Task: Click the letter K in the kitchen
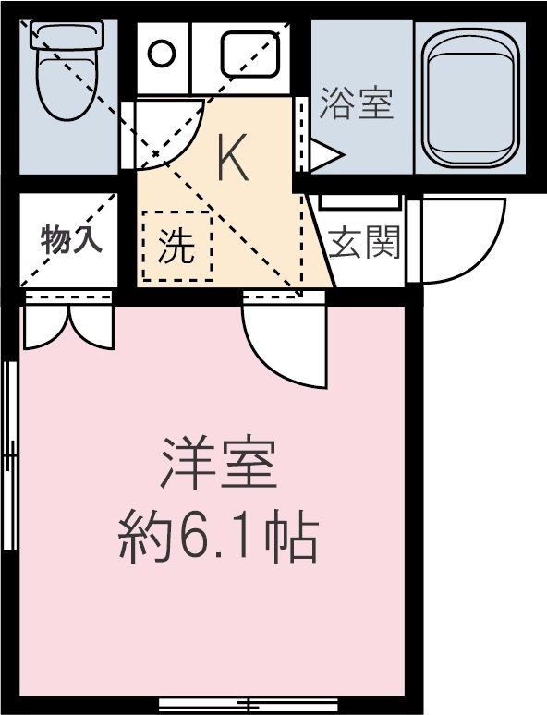232,159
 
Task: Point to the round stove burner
162,53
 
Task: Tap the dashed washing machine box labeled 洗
176,246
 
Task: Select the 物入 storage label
70,240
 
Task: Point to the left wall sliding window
11,453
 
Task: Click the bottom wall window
249,704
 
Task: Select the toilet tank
66,36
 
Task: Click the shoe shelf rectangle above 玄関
359,201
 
